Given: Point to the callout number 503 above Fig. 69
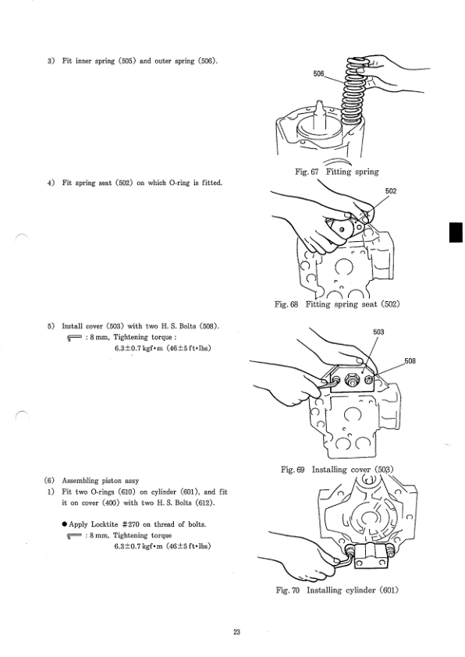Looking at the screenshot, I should pyautogui.click(x=378, y=332).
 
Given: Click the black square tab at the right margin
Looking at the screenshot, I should pyautogui.click(x=458, y=232).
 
